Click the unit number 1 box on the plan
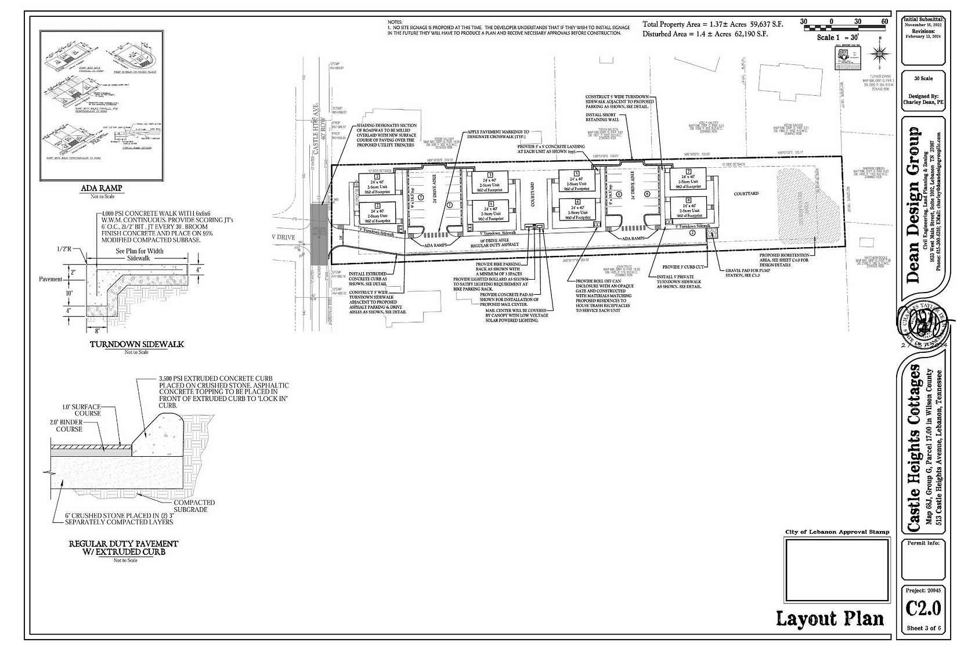click(x=377, y=176)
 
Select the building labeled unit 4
click(x=491, y=212)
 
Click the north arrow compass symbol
click(x=880, y=54)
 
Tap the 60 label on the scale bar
click(x=884, y=21)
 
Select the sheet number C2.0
click(x=923, y=608)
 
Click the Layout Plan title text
click(x=830, y=619)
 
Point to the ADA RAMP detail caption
click(x=103, y=189)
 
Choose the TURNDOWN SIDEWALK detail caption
click(x=137, y=344)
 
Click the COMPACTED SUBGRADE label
click(x=194, y=506)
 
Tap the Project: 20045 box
click(x=923, y=590)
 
